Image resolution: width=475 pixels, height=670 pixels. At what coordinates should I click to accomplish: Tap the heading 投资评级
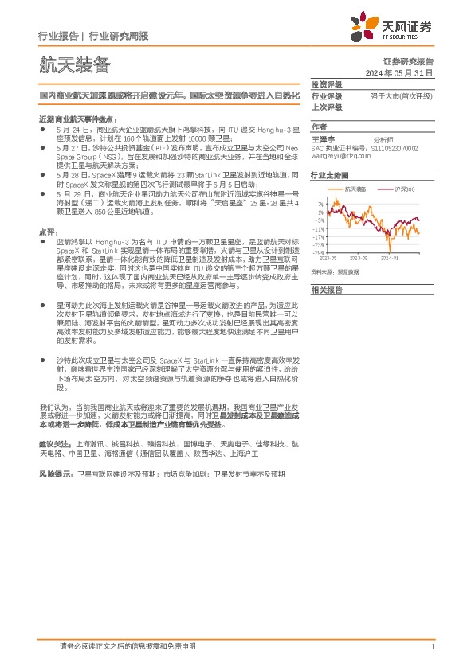pos(327,84)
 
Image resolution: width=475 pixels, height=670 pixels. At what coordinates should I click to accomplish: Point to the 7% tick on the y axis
pos(320,205)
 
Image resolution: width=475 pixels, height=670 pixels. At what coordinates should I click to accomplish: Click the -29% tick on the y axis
pos(318,253)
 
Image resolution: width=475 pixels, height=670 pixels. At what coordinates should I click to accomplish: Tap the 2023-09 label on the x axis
pos(358,258)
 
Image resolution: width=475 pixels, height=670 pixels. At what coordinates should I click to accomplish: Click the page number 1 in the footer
pos(431,647)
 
